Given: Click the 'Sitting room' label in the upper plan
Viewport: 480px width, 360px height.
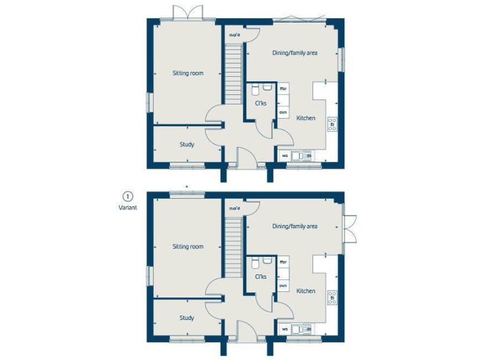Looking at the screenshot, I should (188, 73).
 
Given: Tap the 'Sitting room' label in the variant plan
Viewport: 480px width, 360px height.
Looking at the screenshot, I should (188, 247).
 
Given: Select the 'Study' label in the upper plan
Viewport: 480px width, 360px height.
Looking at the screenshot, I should (187, 144).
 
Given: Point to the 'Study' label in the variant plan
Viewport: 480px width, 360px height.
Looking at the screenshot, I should (187, 317).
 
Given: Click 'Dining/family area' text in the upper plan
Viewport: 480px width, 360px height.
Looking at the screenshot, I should (294, 53).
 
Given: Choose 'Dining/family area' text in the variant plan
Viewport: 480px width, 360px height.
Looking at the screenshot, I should (294, 226).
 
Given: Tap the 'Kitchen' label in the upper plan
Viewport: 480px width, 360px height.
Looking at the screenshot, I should (306, 118).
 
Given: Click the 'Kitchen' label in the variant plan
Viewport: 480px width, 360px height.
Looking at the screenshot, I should (306, 291).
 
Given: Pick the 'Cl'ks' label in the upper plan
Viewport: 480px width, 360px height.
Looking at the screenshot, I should (261, 103).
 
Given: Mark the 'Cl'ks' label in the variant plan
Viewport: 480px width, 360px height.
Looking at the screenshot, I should (261, 276).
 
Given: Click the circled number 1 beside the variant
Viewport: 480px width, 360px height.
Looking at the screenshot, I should (127, 196).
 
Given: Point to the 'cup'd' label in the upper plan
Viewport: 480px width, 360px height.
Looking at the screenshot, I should (235, 35).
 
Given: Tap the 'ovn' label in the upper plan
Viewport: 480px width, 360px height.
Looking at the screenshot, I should (283, 112).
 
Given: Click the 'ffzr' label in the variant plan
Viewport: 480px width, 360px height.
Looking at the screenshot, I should (283, 262).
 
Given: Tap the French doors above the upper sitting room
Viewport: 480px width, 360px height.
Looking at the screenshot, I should (189, 12).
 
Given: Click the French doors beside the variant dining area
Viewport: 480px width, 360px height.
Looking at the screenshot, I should (349, 228).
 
